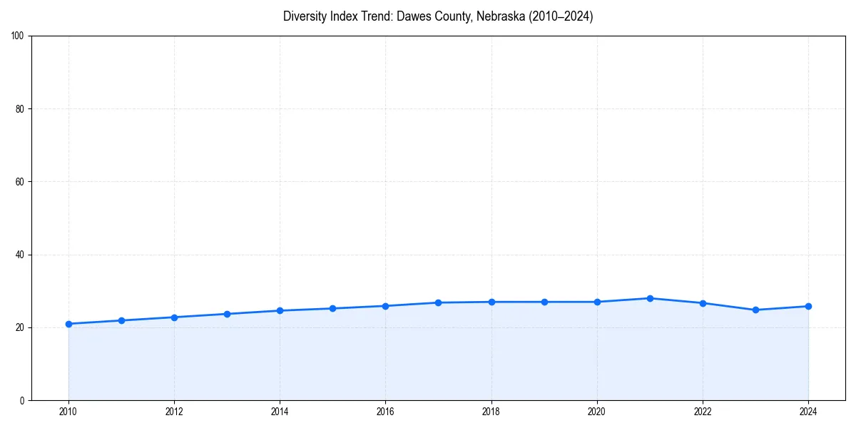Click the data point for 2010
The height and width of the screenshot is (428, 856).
point(68,324)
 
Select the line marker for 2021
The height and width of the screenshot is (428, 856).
point(650,298)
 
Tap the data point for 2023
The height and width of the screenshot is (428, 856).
point(755,310)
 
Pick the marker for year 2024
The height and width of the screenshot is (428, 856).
point(808,306)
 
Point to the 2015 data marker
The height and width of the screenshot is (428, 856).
point(332,308)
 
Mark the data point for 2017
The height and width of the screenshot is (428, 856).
point(438,302)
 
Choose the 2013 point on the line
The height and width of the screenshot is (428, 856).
point(227,314)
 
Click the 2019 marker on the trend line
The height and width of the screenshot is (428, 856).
point(544,302)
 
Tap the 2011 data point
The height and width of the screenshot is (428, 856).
point(121,320)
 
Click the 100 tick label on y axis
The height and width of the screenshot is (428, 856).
point(19,36)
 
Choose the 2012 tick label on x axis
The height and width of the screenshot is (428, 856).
point(174,412)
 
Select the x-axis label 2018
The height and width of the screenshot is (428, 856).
point(491,412)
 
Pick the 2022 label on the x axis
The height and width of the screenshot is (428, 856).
point(703,412)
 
